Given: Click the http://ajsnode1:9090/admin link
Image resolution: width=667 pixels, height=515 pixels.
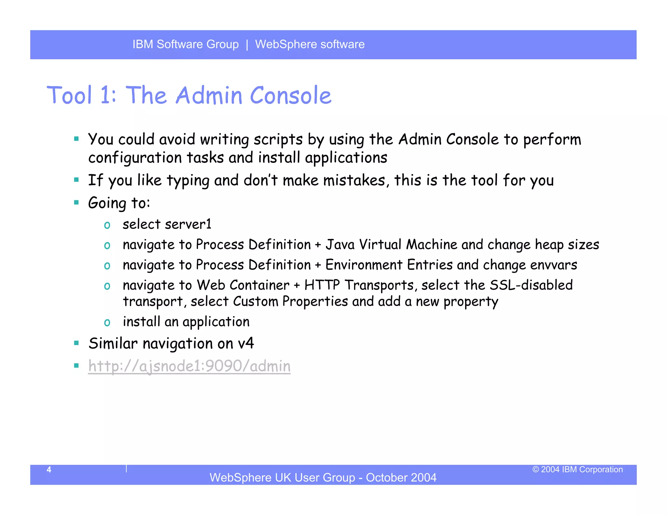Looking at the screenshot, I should click(189, 366).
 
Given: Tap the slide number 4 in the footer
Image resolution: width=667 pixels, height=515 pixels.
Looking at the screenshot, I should click(49, 469).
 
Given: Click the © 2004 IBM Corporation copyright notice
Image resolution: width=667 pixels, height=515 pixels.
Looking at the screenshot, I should click(577, 469).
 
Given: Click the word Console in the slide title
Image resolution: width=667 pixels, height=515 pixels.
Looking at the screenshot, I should click(291, 95).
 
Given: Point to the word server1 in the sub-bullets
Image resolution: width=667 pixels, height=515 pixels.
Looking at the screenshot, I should click(188, 224).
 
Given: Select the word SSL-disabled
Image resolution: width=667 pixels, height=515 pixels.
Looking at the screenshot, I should click(531, 285).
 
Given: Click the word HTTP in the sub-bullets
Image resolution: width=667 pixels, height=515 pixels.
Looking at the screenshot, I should click(322, 285).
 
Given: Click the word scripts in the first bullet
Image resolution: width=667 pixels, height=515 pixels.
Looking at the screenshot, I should click(278, 140).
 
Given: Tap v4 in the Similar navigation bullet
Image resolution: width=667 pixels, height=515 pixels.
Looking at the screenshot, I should click(246, 343).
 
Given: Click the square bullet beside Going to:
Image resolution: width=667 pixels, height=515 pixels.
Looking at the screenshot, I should click(77, 202).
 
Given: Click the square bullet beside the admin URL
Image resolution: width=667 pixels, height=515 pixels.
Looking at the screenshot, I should click(77, 366).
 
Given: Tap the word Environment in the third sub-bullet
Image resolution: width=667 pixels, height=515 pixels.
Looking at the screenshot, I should click(364, 265).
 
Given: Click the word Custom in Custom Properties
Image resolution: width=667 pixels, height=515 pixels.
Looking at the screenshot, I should click(255, 301).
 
